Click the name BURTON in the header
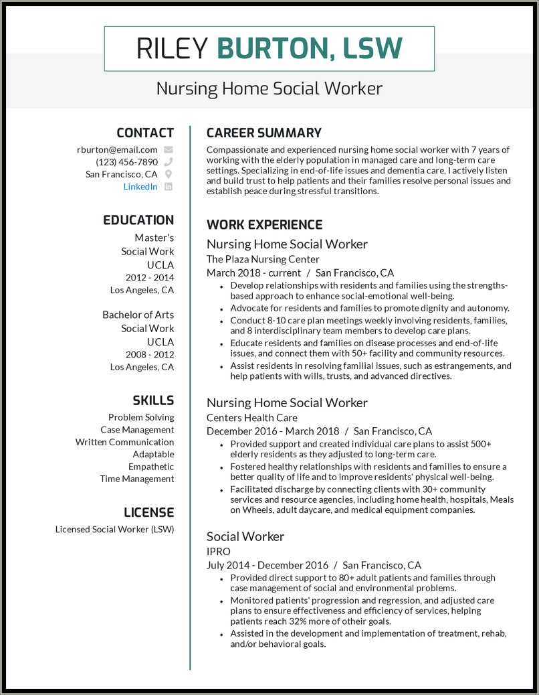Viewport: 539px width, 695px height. click(x=272, y=48)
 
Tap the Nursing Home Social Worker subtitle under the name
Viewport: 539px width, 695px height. click(x=269, y=88)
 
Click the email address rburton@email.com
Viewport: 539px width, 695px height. click(x=117, y=150)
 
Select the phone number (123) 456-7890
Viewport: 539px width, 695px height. click(x=126, y=162)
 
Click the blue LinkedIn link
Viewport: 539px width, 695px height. click(x=140, y=187)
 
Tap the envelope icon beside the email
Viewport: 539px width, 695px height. click(x=169, y=150)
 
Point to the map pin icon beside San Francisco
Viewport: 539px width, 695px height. click(x=169, y=174)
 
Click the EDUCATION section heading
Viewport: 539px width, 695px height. click(x=138, y=220)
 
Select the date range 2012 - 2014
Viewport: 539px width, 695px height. click(x=149, y=277)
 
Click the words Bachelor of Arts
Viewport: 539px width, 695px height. click(x=138, y=315)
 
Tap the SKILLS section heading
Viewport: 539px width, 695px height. click(x=152, y=400)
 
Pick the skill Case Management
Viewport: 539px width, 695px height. click(x=137, y=430)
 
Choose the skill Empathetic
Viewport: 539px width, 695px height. click(x=151, y=467)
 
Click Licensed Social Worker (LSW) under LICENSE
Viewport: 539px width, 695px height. click(x=114, y=529)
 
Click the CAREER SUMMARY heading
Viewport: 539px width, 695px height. click(x=263, y=133)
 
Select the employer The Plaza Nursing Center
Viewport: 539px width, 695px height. click(x=263, y=259)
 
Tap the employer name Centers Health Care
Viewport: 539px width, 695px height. click(x=251, y=418)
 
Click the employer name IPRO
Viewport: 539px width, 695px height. click(x=218, y=551)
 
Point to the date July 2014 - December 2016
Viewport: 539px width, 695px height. click(x=267, y=565)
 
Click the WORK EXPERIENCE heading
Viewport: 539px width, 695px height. click(x=264, y=225)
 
